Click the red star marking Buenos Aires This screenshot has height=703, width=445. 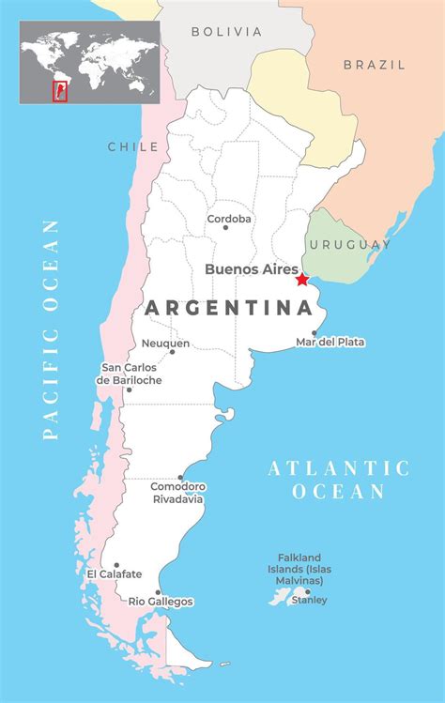coord(301,279)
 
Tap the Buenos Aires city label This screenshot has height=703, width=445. coord(252,268)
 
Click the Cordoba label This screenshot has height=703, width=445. coord(230,218)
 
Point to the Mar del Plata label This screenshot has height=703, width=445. coord(330,342)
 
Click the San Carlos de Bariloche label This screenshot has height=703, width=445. coord(131,374)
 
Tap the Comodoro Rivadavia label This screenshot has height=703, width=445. coord(177,493)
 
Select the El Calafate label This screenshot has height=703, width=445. coord(115,573)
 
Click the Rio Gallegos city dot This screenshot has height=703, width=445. coord(158,592)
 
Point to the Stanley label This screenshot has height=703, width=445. coord(309,600)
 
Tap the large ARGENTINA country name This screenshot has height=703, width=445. coord(228,308)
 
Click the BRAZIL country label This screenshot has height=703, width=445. coord(374,65)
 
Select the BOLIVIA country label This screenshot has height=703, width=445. coord(226,32)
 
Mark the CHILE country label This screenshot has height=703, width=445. coord(132,146)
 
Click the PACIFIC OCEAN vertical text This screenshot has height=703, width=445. coord(51,329)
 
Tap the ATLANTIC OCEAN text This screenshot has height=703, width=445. coord(339,480)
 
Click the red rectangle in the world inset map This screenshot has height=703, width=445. coord(59,91)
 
